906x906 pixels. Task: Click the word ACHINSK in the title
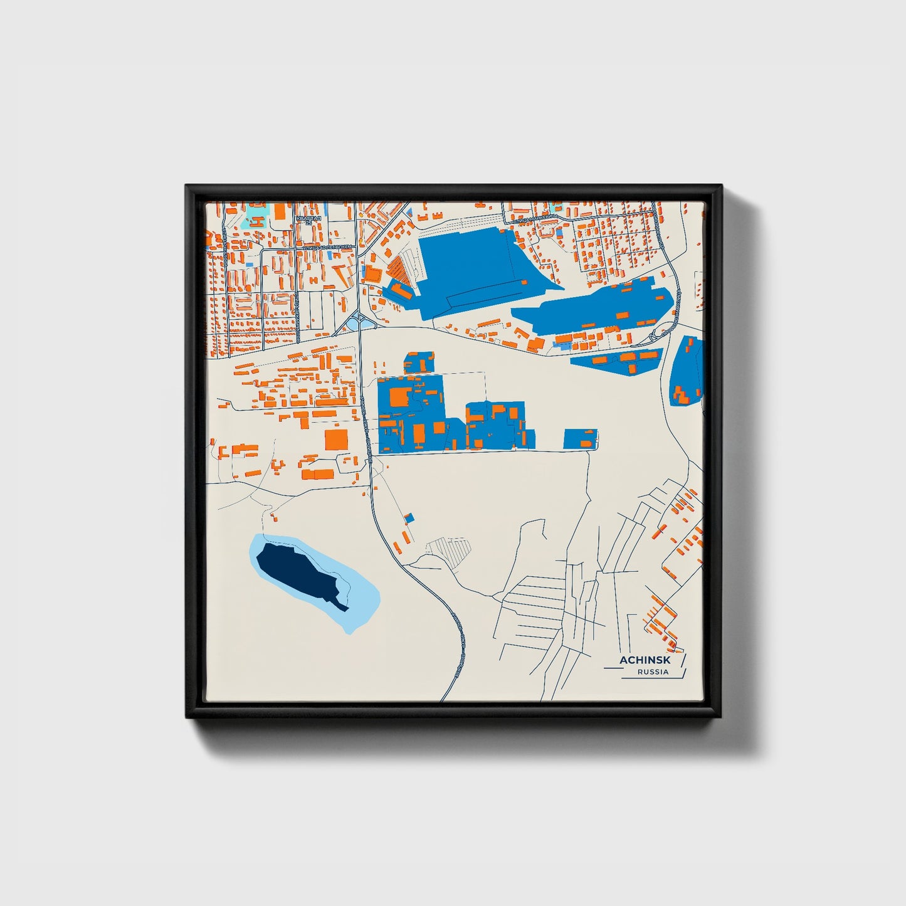click(x=645, y=660)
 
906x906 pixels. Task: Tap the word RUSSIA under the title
click(x=653, y=672)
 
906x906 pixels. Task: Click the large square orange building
click(x=336, y=440)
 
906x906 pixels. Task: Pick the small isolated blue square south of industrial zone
click(x=410, y=518)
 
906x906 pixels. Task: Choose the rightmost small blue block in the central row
click(x=579, y=439)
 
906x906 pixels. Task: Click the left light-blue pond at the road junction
click(x=354, y=324)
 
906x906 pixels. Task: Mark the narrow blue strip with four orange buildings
click(x=618, y=361)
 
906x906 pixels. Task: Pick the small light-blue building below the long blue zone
click(x=564, y=345)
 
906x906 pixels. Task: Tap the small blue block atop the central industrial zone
click(x=419, y=362)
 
